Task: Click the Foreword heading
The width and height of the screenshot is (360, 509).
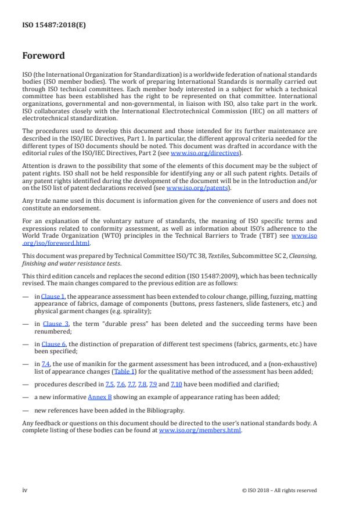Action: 43,56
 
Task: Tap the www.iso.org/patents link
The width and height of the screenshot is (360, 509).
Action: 189,188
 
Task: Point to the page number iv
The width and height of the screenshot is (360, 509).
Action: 25,490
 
